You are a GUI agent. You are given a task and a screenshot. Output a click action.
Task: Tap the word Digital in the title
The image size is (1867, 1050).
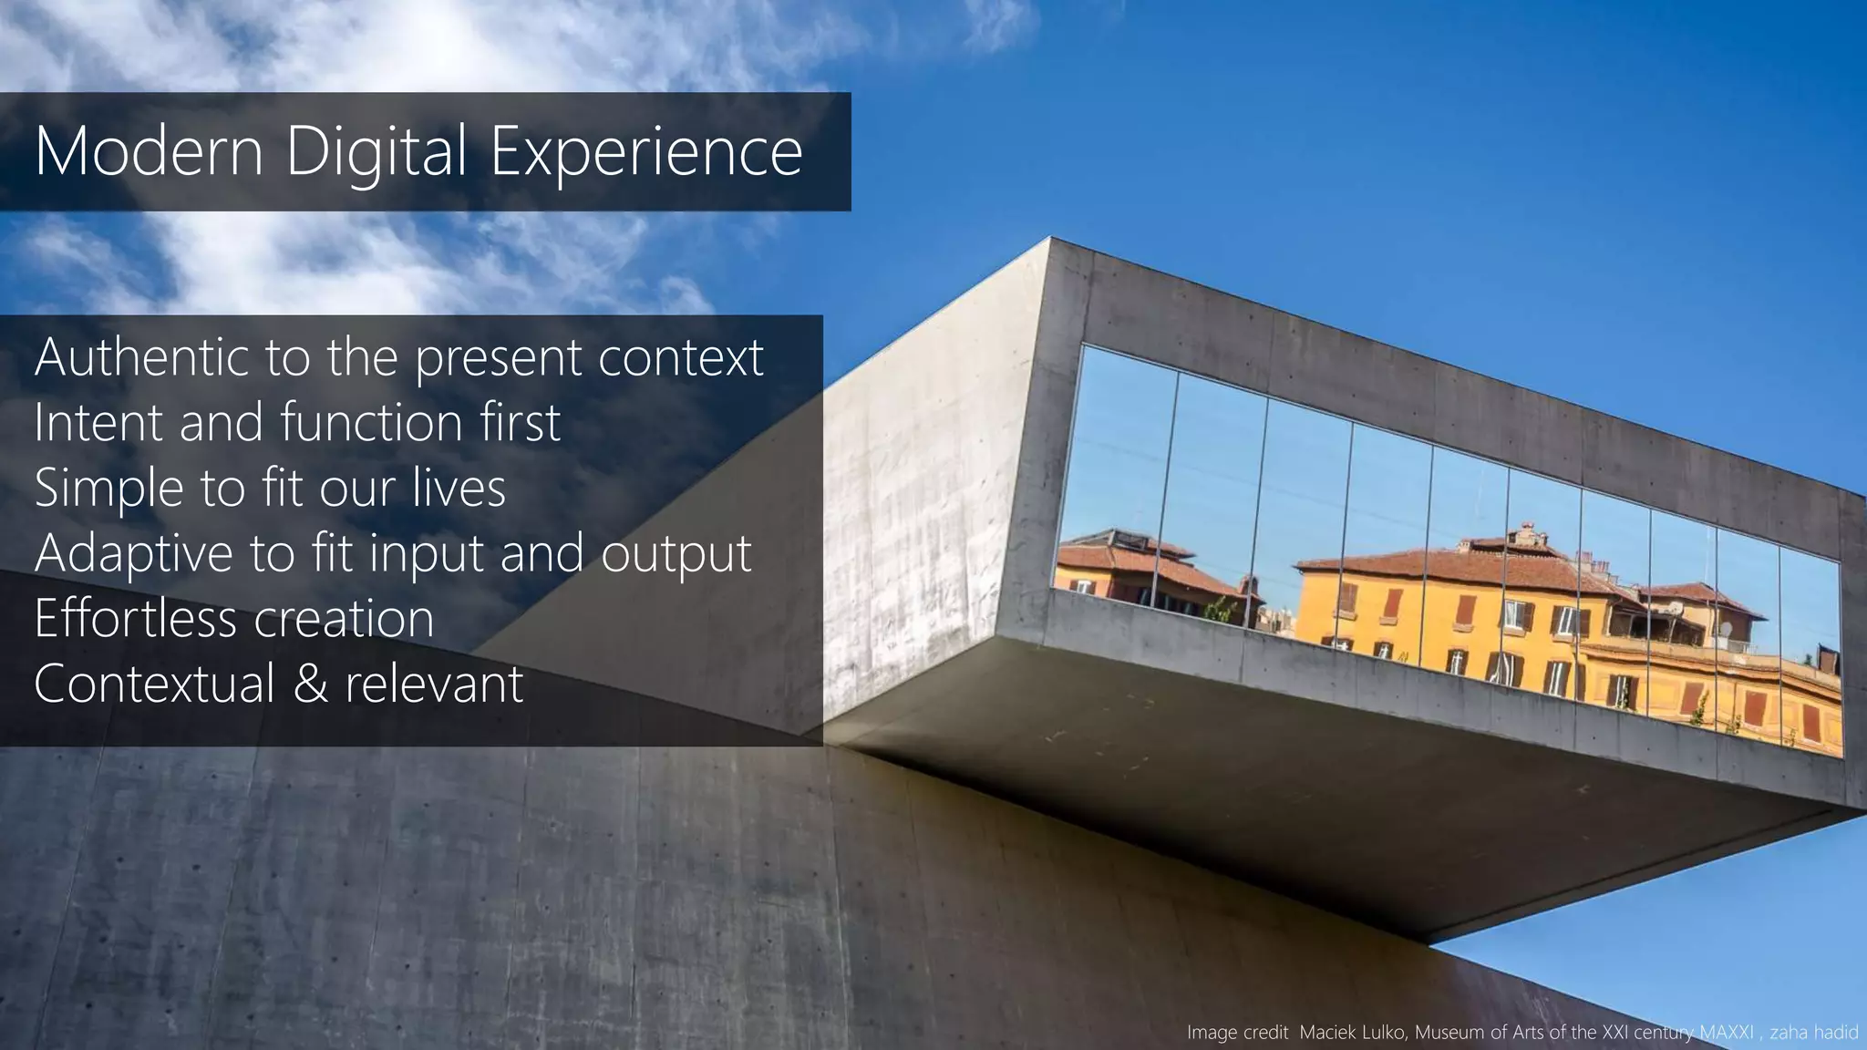coord(376,152)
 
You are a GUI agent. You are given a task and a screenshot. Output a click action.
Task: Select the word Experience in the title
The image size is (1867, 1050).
coord(646,152)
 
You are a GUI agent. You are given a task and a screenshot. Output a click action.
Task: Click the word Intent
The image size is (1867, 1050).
coord(98,422)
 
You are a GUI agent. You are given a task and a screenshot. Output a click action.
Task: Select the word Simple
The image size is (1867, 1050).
coord(108,489)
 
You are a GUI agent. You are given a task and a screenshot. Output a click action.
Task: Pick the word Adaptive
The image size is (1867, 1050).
coord(134,554)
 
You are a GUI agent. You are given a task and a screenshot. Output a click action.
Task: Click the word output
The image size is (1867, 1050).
coord(676,554)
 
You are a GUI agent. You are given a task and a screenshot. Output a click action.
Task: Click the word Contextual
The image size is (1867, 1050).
coord(154,684)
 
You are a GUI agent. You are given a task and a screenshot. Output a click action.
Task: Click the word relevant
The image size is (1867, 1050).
coord(435,684)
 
